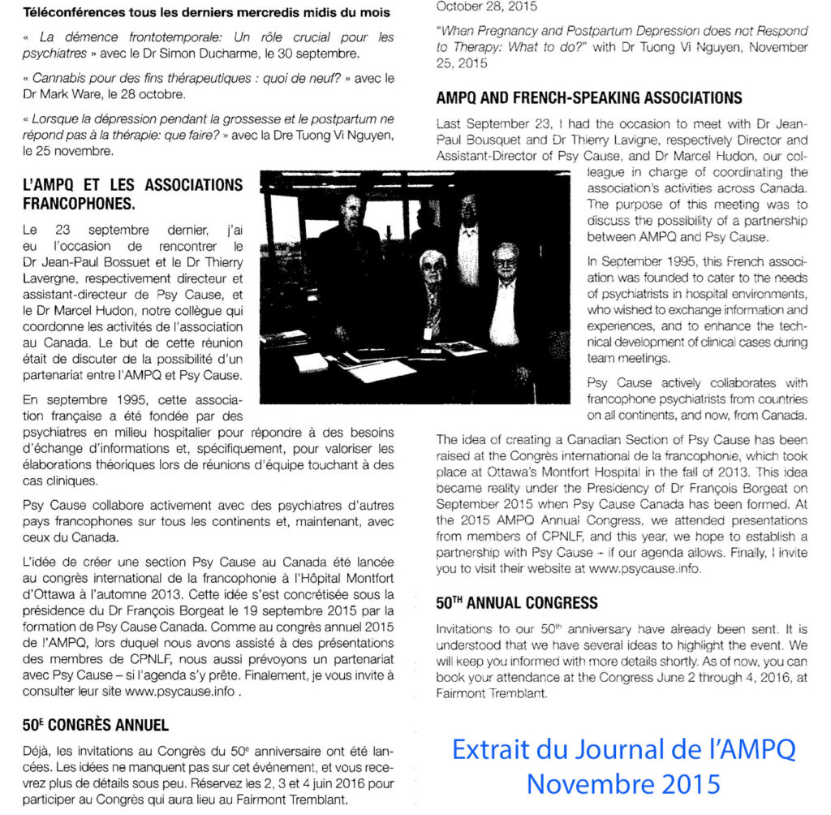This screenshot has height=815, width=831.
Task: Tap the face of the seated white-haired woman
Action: (x=433, y=269)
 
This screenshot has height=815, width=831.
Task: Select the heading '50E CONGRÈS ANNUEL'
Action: (x=96, y=725)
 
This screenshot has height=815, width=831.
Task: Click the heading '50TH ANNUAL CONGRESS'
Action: (x=517, y=603)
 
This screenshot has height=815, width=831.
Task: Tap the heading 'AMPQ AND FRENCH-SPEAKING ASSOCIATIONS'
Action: (x=588, y=98)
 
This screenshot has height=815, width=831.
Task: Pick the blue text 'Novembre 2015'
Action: (x=623, y=783)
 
